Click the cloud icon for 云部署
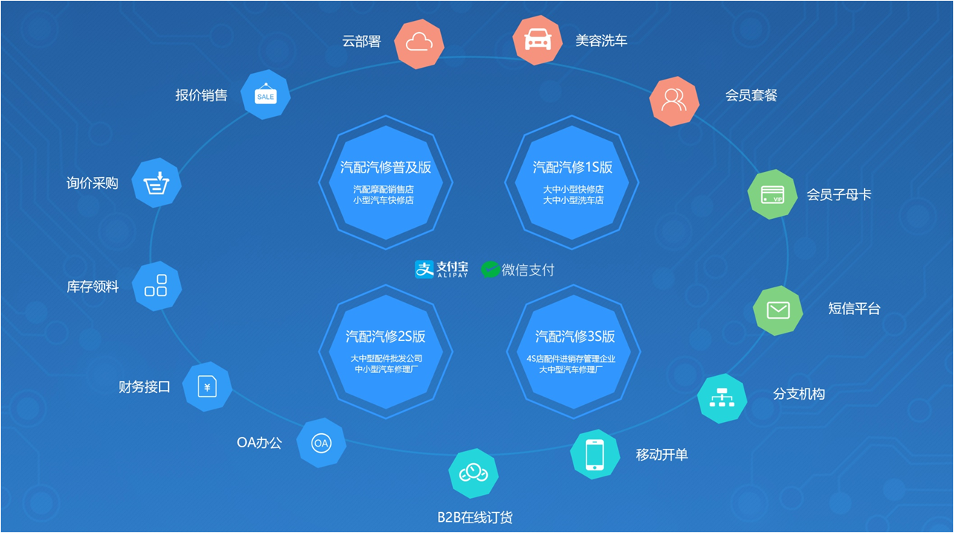pos(419,42)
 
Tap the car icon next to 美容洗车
pos(538,40)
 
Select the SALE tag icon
pos(265,95)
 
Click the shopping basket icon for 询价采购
pos(156,182)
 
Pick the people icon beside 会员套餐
pos(674,100)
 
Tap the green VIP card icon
pos(773,195)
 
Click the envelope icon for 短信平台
pos(778,310)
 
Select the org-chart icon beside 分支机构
pos(722,398)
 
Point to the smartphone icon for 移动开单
pos(595,454)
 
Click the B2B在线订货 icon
pos(473,473)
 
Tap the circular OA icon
pos(320,443)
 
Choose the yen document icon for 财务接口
pos(207,386)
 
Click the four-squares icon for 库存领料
pos(156,285)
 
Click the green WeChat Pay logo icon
pos(490,269)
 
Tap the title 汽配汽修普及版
pos(385,167)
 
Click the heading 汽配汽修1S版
pos(573,167)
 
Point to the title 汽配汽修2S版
pos(385,336)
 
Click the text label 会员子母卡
pos(839,195)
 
